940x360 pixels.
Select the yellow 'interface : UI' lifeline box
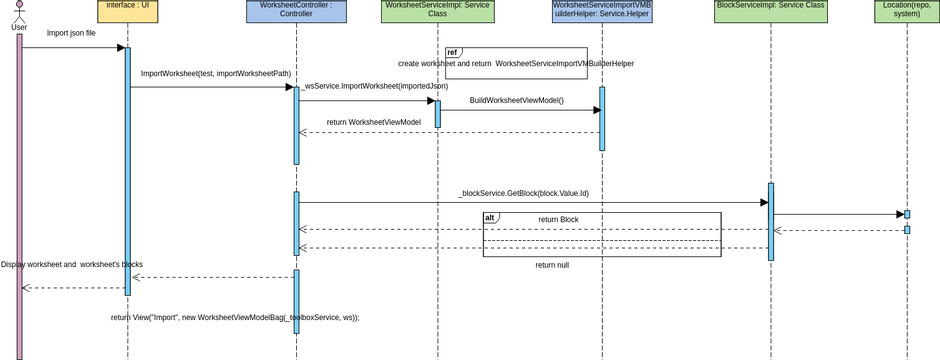click(127, 11)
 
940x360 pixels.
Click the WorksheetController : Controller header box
click(296, 11)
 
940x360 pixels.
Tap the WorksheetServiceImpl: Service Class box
click(437, 11)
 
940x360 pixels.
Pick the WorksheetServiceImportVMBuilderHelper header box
click(602, 11)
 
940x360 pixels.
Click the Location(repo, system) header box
click(906, 11)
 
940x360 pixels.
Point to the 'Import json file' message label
click(71, 33)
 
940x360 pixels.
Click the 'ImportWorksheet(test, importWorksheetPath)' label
click(216, 74)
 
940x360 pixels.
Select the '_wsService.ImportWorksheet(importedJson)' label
click(361, 87)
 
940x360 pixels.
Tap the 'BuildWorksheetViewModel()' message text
click(517, 101)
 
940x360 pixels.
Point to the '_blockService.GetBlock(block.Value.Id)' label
click(523, 193)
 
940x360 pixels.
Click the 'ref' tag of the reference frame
click(453, 52)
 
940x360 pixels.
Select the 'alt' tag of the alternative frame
click(490, 218)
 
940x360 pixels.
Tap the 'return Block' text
click(558, 220)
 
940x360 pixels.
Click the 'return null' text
click(552, 265)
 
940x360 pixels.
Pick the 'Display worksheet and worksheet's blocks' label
click(72, 265)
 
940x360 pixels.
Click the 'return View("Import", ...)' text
click(235, 317)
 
